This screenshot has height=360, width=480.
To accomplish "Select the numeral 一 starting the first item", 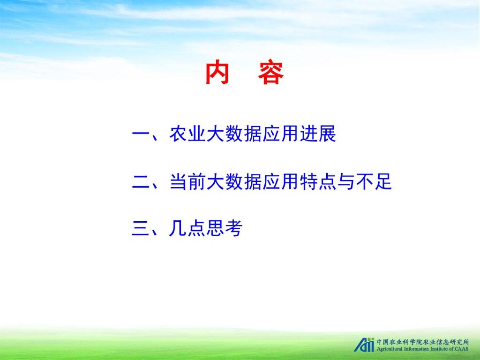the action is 140,134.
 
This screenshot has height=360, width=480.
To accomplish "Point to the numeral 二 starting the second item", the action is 140,182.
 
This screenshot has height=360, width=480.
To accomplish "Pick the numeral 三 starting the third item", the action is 140,228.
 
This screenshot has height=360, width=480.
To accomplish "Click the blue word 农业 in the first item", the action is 187,134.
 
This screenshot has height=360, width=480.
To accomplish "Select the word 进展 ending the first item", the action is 318,134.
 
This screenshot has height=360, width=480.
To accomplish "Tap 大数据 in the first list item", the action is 234,134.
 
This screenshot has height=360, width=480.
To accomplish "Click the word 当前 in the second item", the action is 187,181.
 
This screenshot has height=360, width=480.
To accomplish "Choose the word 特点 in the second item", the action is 318,181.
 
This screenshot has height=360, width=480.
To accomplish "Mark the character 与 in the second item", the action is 346,181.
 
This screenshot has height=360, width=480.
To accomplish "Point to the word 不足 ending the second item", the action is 374,181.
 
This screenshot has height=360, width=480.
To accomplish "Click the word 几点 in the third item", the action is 187,228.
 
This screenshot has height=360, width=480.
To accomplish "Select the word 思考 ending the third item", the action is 225,228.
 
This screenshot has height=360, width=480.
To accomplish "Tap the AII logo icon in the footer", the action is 364,345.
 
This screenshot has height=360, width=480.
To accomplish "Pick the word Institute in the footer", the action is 440,349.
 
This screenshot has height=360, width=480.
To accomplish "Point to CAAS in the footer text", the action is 462,349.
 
